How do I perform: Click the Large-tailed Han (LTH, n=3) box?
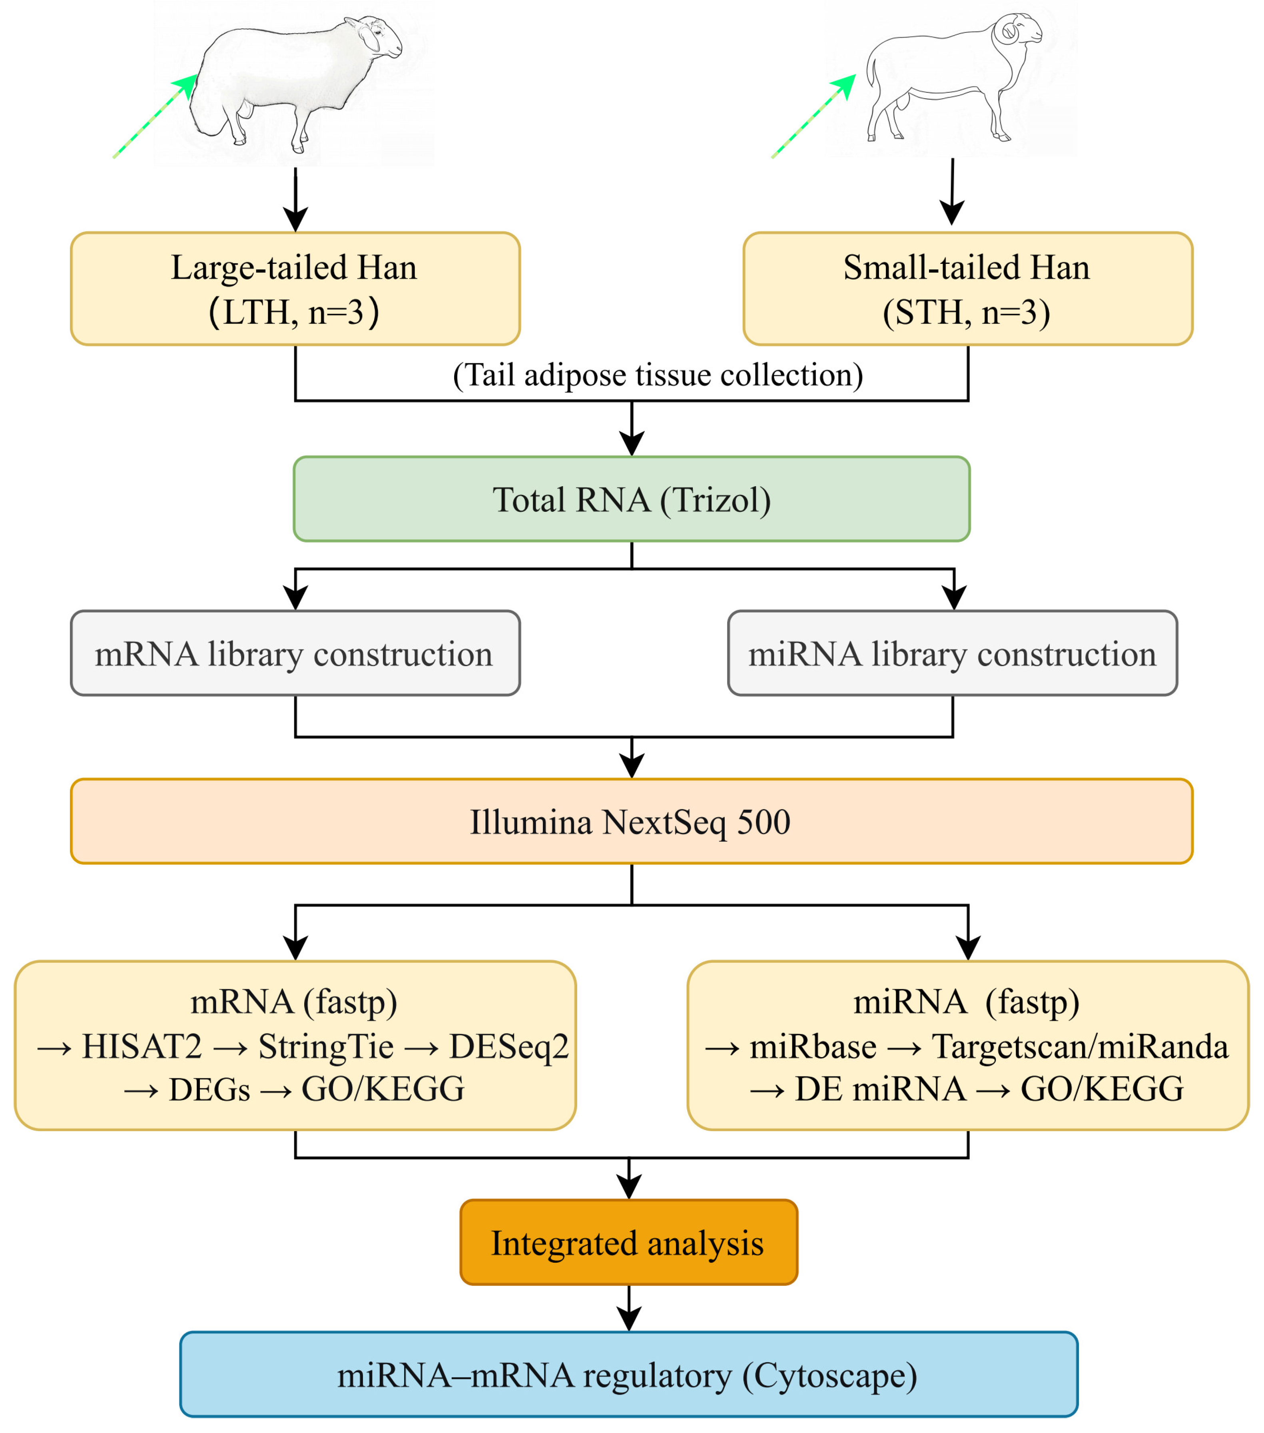point(295,289)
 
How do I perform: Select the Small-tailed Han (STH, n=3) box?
point(967,289)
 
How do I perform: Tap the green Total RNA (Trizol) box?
point(631,499)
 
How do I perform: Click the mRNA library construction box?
point(295,653)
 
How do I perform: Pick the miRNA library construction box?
point(952,653)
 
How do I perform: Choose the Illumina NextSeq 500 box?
point(631,822)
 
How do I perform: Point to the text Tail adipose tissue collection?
point(658,375)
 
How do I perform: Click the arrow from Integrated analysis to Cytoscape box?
point(629,1307)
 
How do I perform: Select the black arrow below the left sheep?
point(295,200)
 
